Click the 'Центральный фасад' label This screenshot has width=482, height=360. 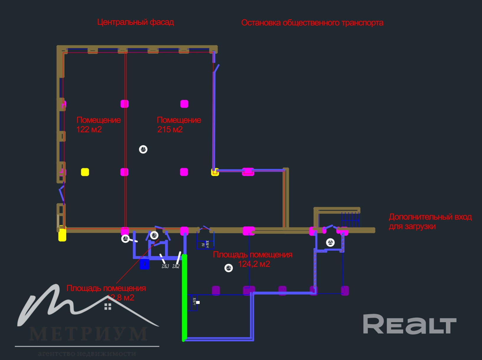(x=136, y=22)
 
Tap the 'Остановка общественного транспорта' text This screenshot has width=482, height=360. (x=312, y=23)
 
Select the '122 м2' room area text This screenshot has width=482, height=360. (x=89, y=130)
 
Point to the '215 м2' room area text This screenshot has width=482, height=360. (x=170, y=130)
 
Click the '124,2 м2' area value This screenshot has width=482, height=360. (x=254, y=264)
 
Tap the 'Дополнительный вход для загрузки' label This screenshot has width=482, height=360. (x=430, y=222)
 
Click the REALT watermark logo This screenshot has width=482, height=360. (x=410, y=324)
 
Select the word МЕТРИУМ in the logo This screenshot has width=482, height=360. (x=89, y=334)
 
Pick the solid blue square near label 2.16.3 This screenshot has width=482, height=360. (x=144, y=264)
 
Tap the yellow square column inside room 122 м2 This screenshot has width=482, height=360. (x=85, y=172)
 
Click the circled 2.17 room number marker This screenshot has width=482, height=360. (x=143, y=150)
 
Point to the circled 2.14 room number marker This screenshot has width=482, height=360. (x=229, y=268)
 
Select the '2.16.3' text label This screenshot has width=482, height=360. (x=165, y=266)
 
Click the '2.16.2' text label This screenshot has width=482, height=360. (x=176, y=266)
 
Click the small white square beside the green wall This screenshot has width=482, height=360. (x=198, y=302)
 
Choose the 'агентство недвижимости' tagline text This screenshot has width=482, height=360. (x=87, y=354)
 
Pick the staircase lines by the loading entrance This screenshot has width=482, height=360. (x=350, y=220)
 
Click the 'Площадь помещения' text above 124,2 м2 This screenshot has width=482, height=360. (x=253, y=255)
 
